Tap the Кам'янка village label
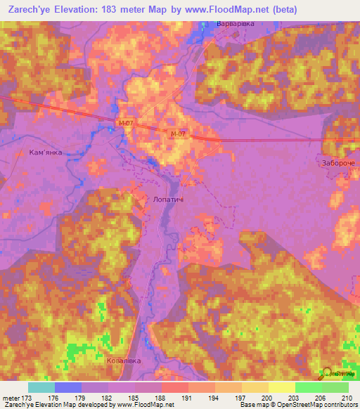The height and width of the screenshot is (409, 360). tap(45, 152)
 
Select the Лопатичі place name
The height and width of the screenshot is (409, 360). tap(168, 200)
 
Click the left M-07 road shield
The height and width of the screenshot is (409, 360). tap(125, 124)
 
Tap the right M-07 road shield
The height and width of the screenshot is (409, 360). tap(178, 134)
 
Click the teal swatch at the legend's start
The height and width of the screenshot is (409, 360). tap(41, 387)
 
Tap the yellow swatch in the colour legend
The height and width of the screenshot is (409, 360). tap(281, 387)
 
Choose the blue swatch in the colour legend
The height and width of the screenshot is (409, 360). tap(68, 387)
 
